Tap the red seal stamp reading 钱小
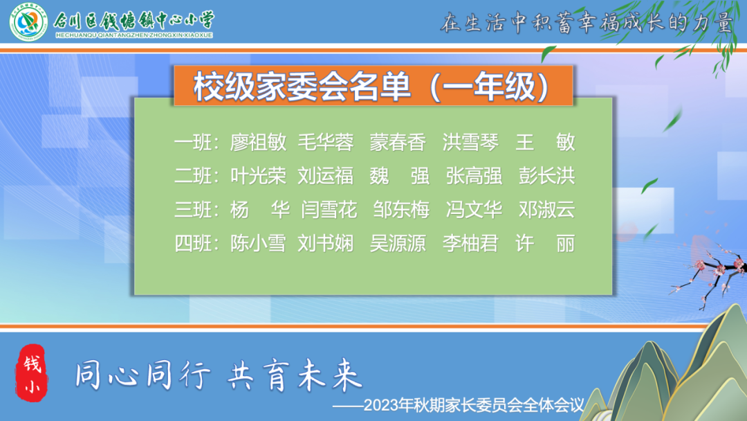pos(32,374)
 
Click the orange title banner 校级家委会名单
pos(373,86)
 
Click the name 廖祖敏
pos(258,142)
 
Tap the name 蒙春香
pos(398,142)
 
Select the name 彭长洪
pos(547,176)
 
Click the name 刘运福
pos(326,176)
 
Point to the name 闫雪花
pos(329,210)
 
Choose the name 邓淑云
pos(547,210)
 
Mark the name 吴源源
pos(398,244)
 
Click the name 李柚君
pos(471,244)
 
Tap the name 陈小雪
pos(258,244)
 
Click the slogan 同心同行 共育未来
pos(219,375)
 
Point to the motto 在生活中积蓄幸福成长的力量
pos(587,22)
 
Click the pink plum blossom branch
pos(710,271)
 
